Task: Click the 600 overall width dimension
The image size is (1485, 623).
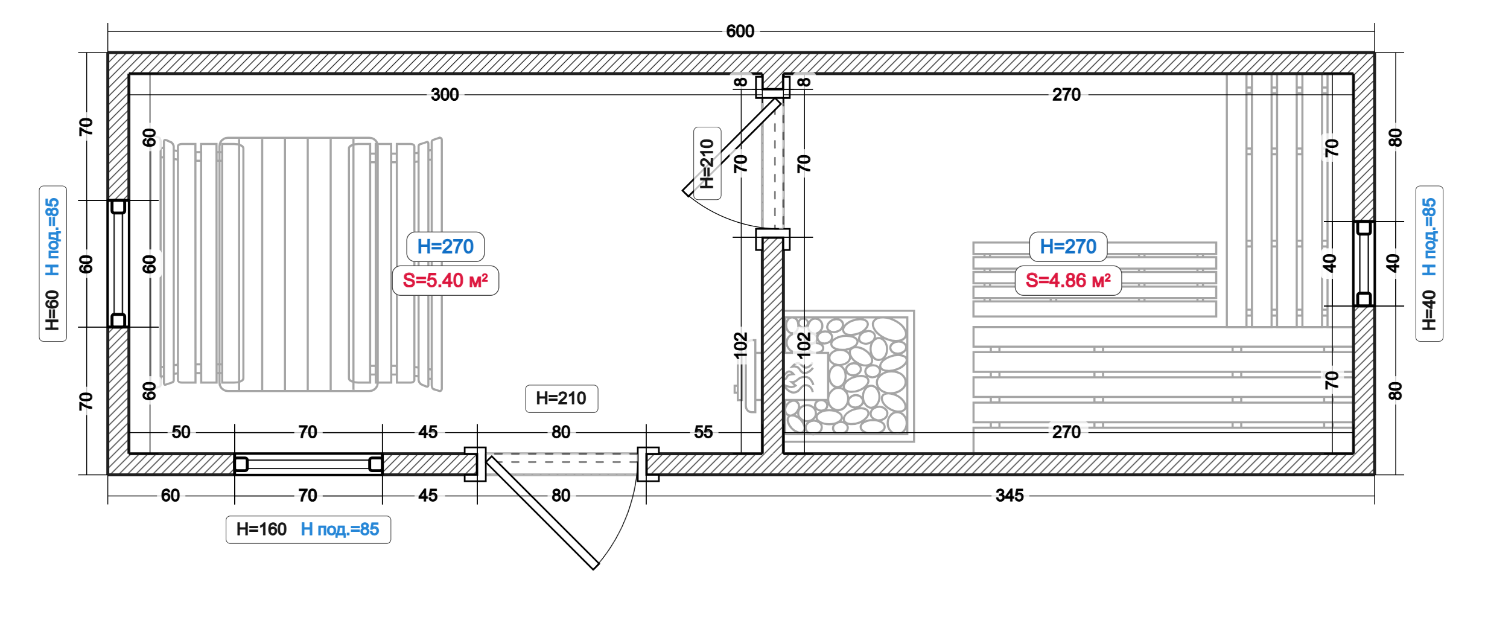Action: [x=740, y=31]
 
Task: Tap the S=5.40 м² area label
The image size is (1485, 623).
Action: [x=445, y=281]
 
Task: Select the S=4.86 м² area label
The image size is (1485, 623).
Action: [x=1068, y=281]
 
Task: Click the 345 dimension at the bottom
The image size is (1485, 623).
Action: [x=1010, y=496]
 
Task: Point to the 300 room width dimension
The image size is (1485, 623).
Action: [x=445, y=95]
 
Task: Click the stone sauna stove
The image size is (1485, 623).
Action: [x=848, y=375]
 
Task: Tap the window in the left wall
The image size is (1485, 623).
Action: [x=118, y=264]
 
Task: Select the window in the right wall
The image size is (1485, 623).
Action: [x=1364, y=264]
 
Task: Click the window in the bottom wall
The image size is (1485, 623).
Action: [x=308, y=464]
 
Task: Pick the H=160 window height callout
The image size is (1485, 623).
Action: [x=261, y=529]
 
